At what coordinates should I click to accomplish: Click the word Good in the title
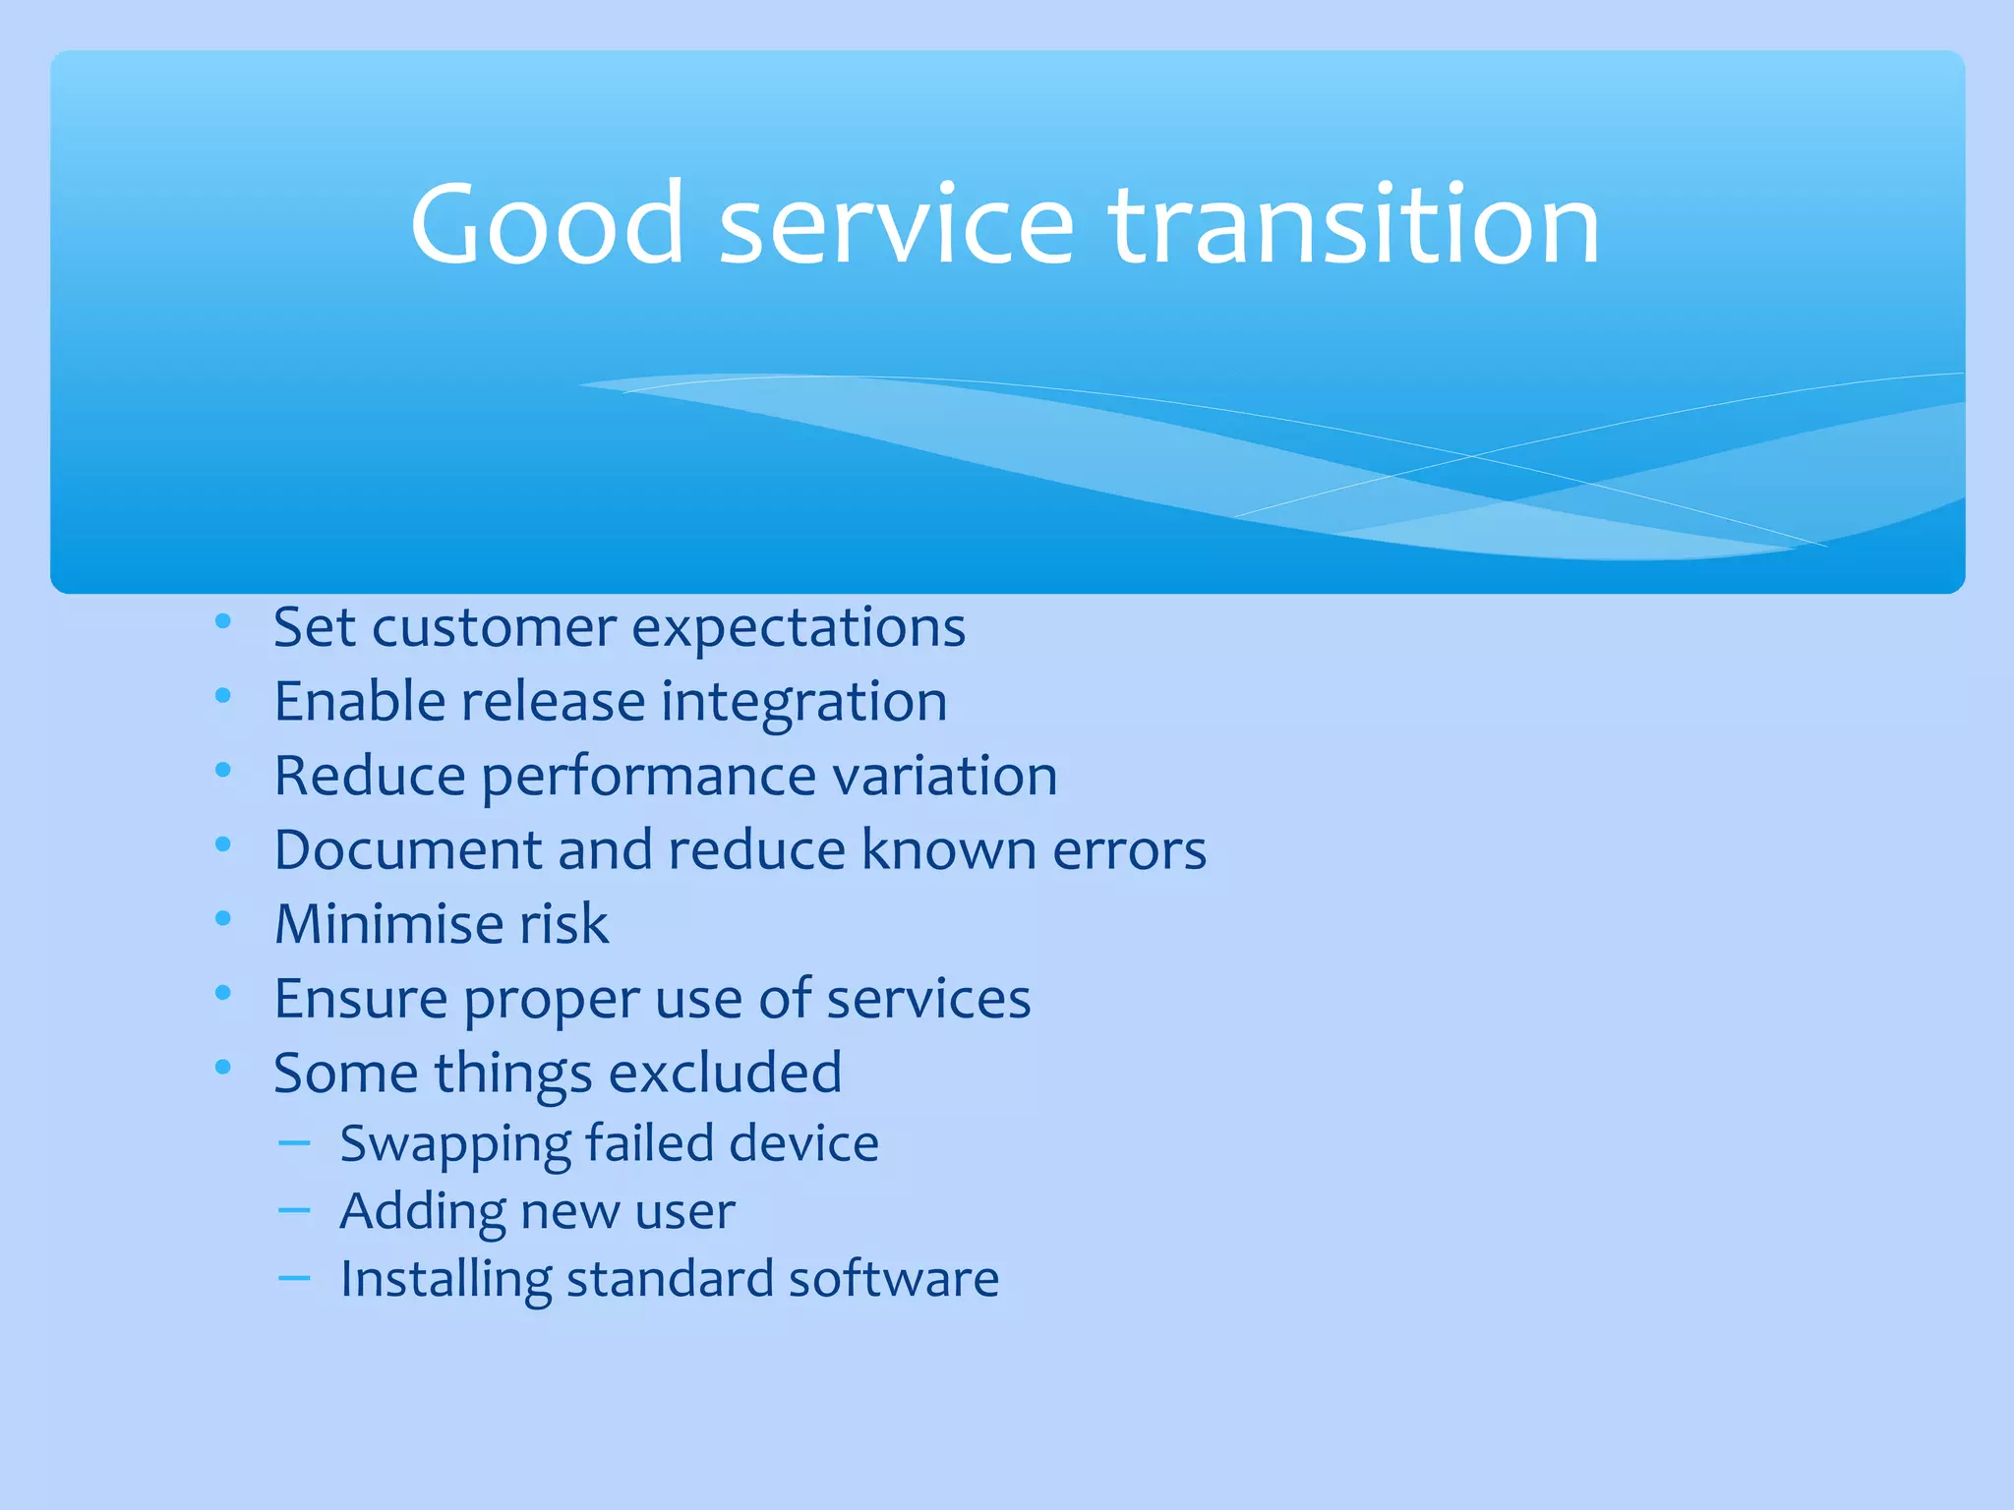tap(547, 226)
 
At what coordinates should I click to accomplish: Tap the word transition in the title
tap(1354, 226)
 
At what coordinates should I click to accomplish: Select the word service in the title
tap(896, 226)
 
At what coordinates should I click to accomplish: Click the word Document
tap(407, 849)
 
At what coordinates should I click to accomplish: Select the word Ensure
tap(360, 999)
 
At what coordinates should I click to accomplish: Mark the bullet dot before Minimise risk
tap(223, 918)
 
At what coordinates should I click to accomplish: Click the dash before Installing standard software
tap(294, 1278)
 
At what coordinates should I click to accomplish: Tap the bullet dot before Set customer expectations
tap(223, 621)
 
